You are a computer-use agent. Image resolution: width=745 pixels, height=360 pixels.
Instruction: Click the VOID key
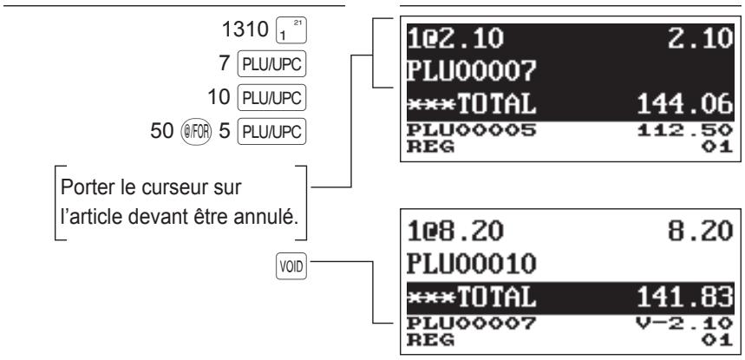[291, 267]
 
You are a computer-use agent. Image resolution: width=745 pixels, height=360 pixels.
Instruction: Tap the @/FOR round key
[196, 132]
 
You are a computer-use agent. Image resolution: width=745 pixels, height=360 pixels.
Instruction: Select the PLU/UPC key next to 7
[271, 63]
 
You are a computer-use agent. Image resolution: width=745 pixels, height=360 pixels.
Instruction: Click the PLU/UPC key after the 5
[271, 132]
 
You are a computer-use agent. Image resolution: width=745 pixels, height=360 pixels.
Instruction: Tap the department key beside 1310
[291, 31]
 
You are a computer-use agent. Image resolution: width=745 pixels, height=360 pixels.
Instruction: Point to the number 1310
[245, 29]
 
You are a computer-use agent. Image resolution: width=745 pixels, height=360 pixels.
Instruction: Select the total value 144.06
[684, 104]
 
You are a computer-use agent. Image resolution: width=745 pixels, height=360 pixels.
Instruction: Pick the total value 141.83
[684, 298]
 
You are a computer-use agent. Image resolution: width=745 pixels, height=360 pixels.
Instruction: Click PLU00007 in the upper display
[471, 71]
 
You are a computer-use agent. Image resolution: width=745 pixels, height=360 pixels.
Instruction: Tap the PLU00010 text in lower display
[471, 264]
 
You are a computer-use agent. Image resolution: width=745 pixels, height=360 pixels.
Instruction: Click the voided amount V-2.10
[684, 324]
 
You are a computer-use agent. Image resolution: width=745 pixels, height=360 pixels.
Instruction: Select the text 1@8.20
[455, 232]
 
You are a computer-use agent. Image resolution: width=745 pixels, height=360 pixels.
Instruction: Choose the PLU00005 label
[471, 129]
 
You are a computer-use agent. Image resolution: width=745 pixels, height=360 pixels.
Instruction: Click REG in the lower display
[430, 341]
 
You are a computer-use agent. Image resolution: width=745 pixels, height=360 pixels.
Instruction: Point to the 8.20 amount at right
[701, 232]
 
